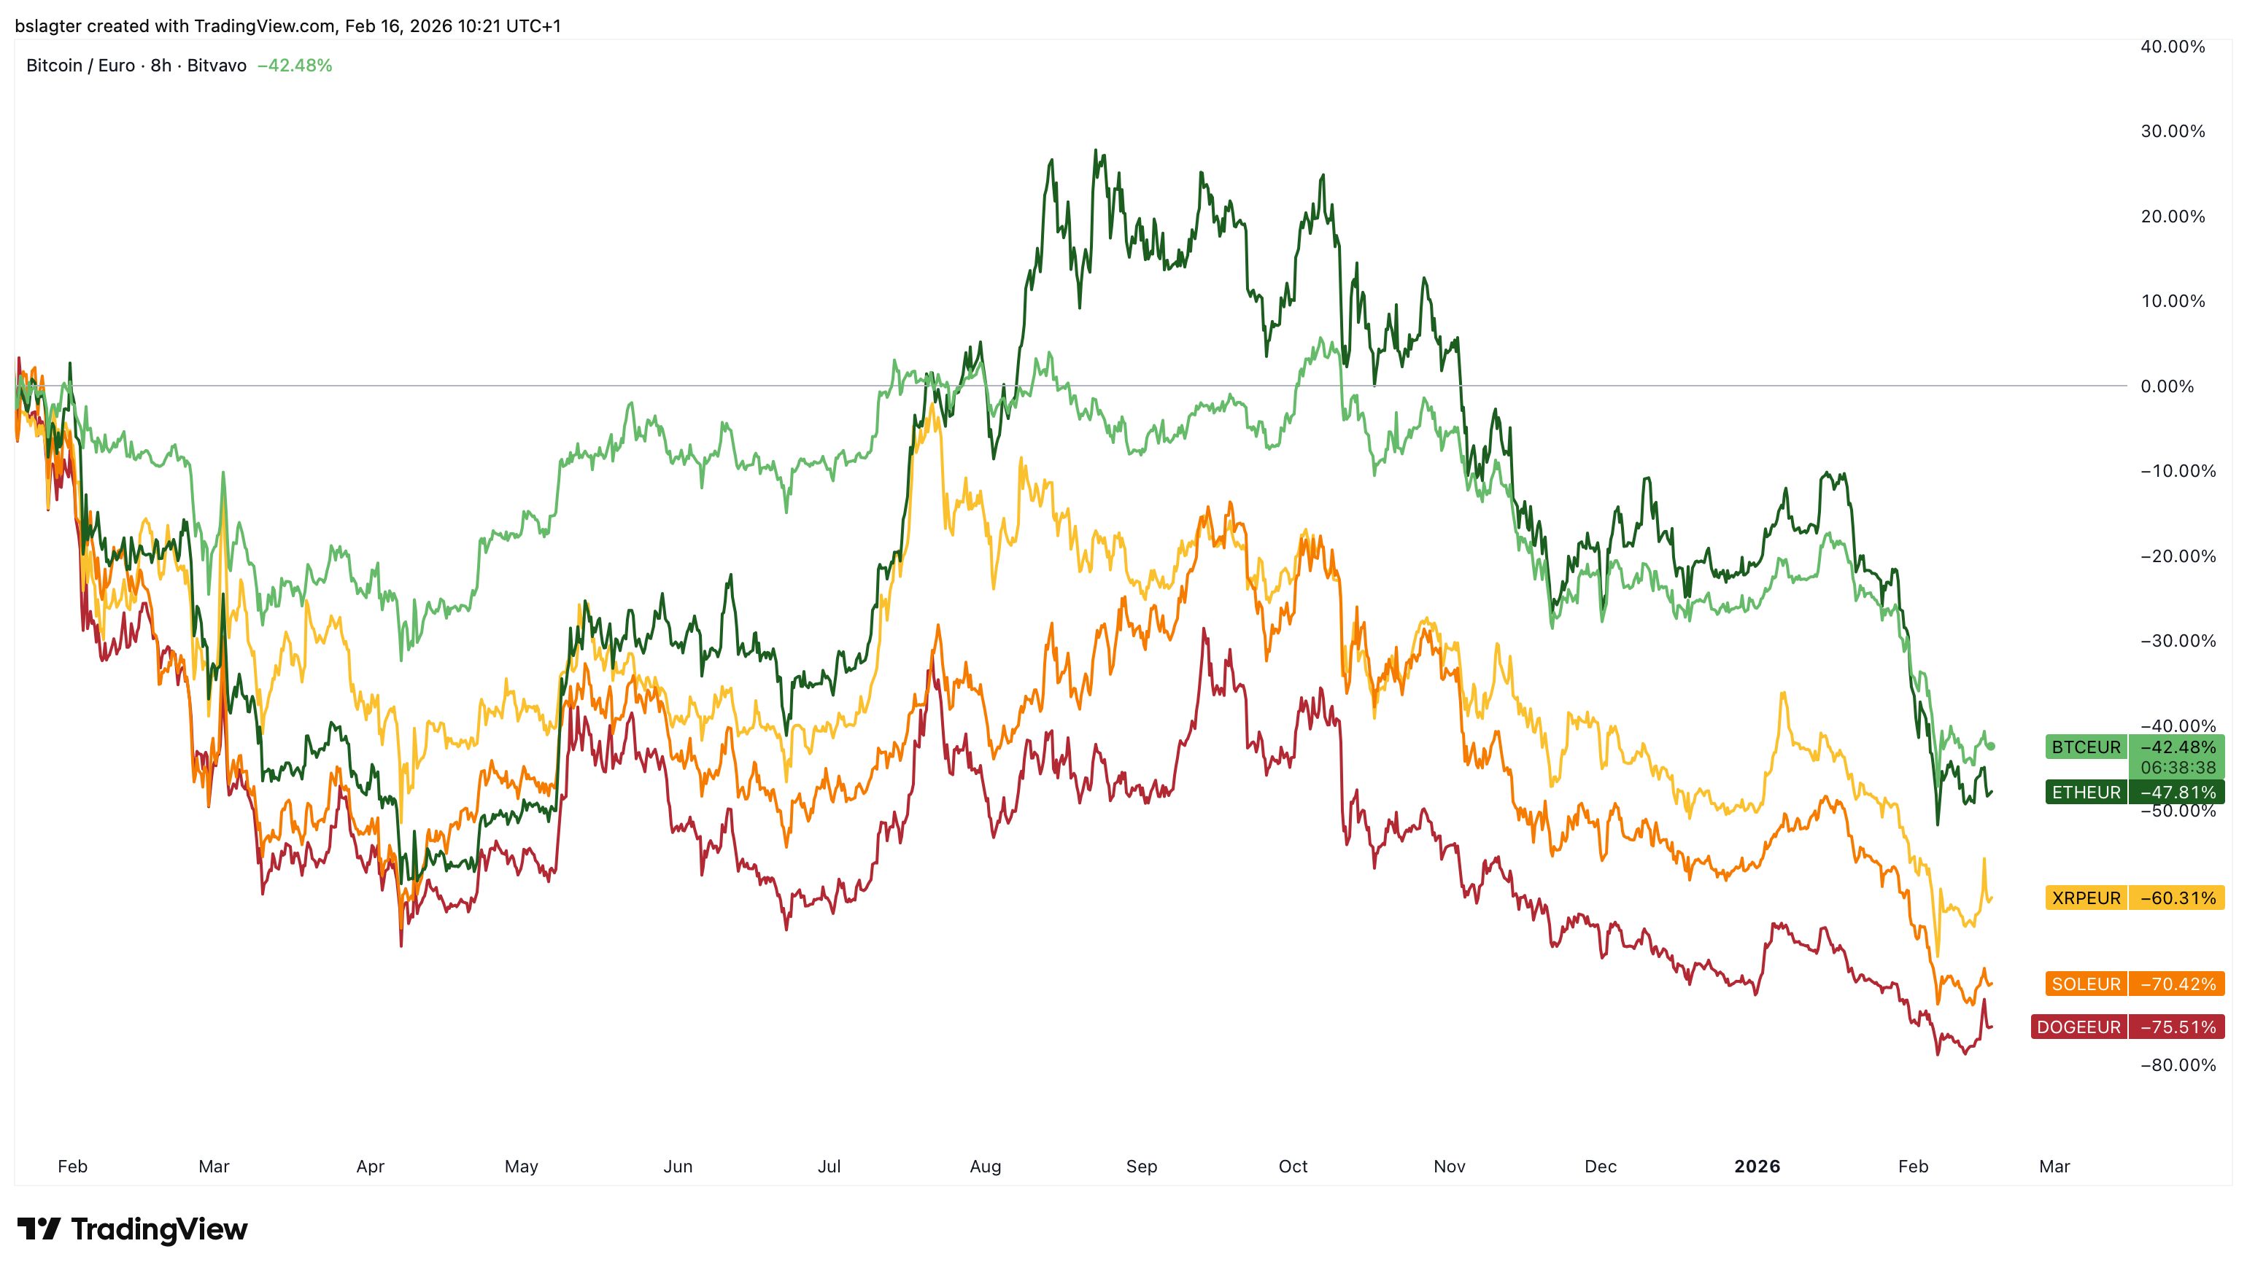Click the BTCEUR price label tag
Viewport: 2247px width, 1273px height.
[x=2085, y=747]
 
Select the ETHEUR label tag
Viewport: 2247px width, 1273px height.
[x=2085, y=792]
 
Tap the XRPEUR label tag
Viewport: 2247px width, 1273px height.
[x=2085, y=898]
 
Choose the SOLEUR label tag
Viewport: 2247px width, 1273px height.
[x=2085, y=984]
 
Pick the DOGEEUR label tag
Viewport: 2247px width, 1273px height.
[x=2078, y=1027]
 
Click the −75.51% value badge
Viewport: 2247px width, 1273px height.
[x=2177, y=1027]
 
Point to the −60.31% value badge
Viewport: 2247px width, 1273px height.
[x=2177, y=898]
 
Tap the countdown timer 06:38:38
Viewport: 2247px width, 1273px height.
[x=2177, y=768]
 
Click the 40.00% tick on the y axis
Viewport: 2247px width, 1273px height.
[x=2172, y=47]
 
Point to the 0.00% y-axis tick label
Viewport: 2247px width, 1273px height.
[x=2167, y=386]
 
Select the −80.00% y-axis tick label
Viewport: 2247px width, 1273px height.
[x=2177, y=1065]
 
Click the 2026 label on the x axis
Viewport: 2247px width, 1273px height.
[x=1756, y=1167]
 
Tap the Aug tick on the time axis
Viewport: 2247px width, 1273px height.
[x=985, y=1167]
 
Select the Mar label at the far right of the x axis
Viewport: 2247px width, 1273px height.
[x=2054, y=1167]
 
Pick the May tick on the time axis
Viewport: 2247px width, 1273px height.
[x=522, y=1167]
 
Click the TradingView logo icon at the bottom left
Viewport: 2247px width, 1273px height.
[x=39, y=1229]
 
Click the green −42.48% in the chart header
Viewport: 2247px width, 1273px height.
[x=295, y=66]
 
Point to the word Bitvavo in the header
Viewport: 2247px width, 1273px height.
[x=216, y=66]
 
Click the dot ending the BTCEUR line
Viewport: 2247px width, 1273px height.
[x=1992, y=746]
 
